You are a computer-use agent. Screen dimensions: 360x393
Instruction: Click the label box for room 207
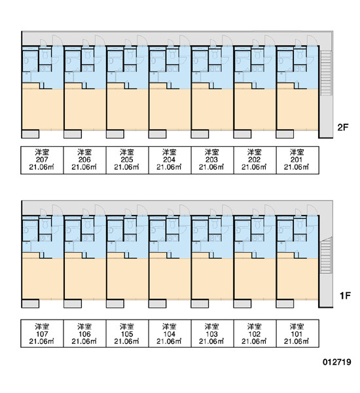42,160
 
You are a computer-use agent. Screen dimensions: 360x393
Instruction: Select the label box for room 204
170,160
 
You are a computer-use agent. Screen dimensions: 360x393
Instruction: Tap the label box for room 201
297,160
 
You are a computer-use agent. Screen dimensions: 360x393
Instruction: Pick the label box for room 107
42,333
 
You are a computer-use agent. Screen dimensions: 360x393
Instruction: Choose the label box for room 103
212,333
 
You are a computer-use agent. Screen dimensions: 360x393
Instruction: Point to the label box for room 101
297,333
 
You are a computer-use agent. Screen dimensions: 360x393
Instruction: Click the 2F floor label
343,127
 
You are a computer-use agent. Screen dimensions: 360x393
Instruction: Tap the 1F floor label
345,296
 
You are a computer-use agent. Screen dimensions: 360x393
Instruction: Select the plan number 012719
336,362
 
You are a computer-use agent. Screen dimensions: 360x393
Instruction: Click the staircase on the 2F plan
326,73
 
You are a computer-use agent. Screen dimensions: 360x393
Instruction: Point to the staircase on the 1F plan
326,255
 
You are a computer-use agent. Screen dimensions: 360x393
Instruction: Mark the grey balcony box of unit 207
30,134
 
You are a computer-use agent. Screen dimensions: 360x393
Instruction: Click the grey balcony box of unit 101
285,303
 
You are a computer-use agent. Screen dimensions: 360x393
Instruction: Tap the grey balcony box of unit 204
157,134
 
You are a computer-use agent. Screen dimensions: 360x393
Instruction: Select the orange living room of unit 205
127,109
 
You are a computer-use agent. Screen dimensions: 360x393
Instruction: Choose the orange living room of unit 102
255,278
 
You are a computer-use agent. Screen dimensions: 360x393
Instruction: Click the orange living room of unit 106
84,278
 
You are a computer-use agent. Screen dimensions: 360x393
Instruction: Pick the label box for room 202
255,160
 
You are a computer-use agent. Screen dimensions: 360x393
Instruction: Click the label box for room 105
127,333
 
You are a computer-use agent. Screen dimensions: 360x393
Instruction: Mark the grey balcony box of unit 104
157,303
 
